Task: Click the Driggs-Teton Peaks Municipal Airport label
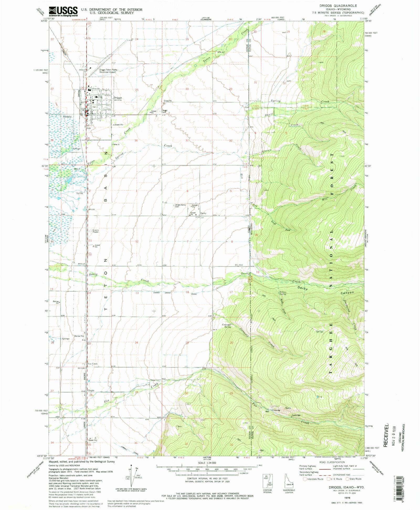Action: [x=108, y=71]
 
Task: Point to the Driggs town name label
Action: [x=118, y=97]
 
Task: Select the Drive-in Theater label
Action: [x=96, y=231]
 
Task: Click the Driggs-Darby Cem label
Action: [x=181, y=206]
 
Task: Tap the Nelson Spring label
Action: [x=283, y=293]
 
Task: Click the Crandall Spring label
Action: [x=227, y=326]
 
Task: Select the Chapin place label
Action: [x=91, y=390]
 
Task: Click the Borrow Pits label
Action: [x=79, y=336]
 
